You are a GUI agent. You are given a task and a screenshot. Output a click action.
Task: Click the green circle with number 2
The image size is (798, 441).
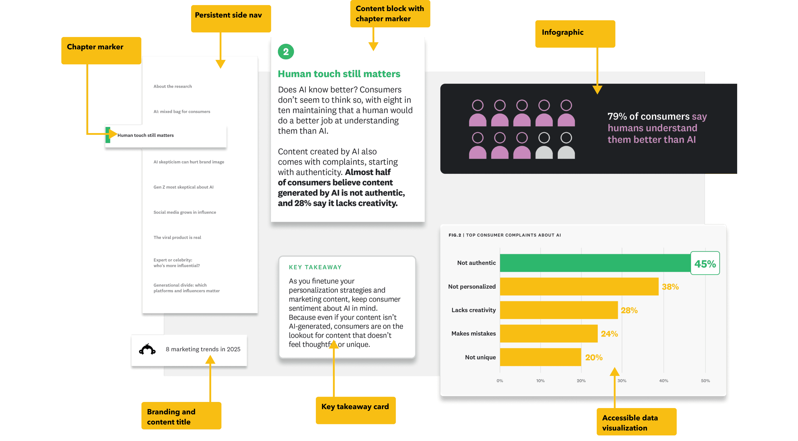(286, 52)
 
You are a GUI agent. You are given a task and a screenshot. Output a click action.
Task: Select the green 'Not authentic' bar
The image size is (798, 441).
(595, 263)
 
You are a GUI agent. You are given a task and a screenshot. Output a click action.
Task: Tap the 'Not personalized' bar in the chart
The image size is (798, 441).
(579, 286)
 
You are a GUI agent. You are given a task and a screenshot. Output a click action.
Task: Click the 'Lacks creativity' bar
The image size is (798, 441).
(558, 310)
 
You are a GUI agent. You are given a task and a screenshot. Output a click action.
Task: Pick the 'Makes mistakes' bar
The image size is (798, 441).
(548, 334)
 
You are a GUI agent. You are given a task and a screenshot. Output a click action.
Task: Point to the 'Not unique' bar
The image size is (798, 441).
(540, 357)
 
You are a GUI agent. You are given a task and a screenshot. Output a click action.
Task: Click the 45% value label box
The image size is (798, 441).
(705, 264)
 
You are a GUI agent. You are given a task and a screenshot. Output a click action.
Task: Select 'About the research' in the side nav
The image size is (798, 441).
(173, 86)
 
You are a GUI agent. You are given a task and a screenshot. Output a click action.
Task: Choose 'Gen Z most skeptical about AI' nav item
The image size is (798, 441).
(183, 187)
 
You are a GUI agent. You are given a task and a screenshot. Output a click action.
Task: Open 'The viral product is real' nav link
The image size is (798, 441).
(177, 237)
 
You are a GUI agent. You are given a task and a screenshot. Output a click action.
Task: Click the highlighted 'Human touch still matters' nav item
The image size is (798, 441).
(145, 135)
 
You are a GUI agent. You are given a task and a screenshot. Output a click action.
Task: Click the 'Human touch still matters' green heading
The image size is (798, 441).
(339, 74)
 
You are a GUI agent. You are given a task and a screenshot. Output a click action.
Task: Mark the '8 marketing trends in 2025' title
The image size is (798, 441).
(203, 349)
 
